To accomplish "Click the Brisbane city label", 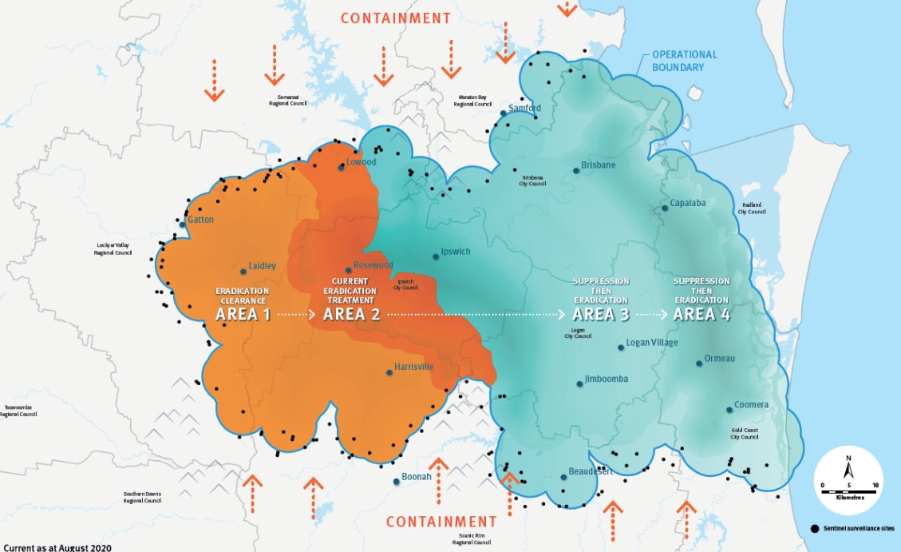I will [598, 165].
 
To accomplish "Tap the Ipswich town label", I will [456, 252].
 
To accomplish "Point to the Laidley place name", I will [262, 266].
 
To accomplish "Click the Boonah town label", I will [416, 477].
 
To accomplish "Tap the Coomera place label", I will [751, 405].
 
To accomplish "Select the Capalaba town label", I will [687, 203].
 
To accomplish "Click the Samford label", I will [524, 109].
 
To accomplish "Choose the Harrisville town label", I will [414, 367].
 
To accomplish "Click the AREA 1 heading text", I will [243, 314].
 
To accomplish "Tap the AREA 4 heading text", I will [701, 314].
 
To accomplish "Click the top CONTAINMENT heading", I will [396, 18].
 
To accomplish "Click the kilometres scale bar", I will [849, 486].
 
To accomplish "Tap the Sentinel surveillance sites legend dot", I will [814, 529].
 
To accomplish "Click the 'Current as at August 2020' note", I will [56, 547].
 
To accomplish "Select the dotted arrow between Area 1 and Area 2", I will [297, 315].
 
